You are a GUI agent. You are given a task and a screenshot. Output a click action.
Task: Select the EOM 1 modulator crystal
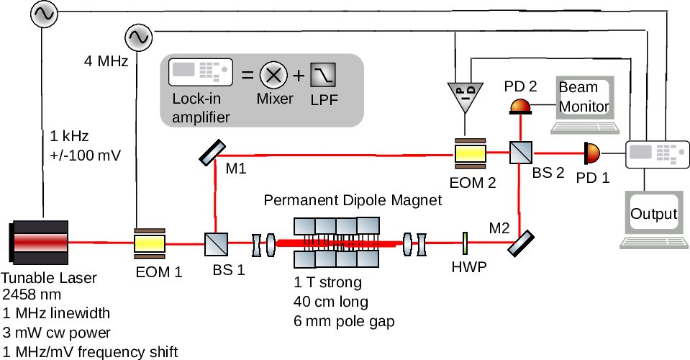(150, 244)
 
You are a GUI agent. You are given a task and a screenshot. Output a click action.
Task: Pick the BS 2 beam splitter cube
(519, 153)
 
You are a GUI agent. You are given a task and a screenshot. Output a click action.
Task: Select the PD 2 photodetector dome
(520, 107)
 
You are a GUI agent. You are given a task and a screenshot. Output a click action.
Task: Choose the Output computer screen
(653, 214)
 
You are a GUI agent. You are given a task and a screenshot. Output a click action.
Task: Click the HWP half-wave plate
(466, 243)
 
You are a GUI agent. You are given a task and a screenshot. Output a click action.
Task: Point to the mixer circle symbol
(273, 74)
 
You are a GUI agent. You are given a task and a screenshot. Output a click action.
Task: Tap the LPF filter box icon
(323, 74)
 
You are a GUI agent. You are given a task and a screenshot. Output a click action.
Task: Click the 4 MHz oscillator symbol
(137, 35)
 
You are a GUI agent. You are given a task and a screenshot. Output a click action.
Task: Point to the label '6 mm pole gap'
(344, 320)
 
